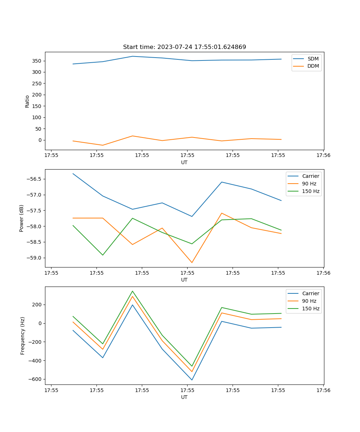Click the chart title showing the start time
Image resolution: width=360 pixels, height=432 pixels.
point(184,47)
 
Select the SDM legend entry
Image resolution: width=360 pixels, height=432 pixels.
point(313,59)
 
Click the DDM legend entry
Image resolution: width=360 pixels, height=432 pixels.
point(313,66)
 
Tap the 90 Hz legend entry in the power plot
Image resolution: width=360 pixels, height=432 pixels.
point(309,184)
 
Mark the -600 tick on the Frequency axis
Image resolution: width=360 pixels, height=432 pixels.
point(34,379)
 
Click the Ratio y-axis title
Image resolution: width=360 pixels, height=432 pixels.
point(27,101)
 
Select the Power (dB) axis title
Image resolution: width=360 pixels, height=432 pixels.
point(22,218)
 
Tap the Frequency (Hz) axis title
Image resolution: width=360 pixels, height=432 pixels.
point(23,336)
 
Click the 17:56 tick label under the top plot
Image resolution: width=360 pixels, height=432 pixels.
point(323,156)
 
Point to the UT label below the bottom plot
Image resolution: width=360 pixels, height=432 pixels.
point(184,397)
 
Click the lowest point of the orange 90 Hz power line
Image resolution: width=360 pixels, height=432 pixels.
point(192,262)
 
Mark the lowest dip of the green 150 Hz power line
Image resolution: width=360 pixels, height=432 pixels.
point(103,255)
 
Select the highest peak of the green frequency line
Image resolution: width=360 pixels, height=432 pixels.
point(132,291)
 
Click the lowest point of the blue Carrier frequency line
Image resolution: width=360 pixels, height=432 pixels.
point(192,380)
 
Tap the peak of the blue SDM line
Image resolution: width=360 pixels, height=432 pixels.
point(132,56)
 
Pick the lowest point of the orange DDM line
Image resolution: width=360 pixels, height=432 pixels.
point(103,145)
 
